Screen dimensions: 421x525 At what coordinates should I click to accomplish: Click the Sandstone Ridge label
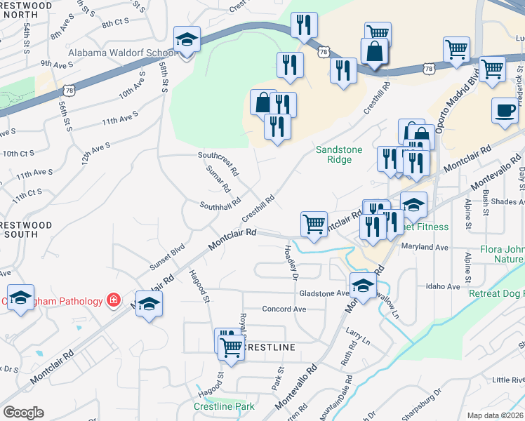(x=333, y=154)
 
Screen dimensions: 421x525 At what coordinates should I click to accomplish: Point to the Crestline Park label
(x=224, y=406)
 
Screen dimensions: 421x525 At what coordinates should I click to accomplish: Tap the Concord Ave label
(x=284, y=309)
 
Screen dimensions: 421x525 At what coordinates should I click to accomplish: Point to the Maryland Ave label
(x=424, y=247)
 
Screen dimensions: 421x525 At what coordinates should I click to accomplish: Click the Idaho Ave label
(x=442, y=286)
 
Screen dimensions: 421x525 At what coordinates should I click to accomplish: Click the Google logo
(x=23, y=412)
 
